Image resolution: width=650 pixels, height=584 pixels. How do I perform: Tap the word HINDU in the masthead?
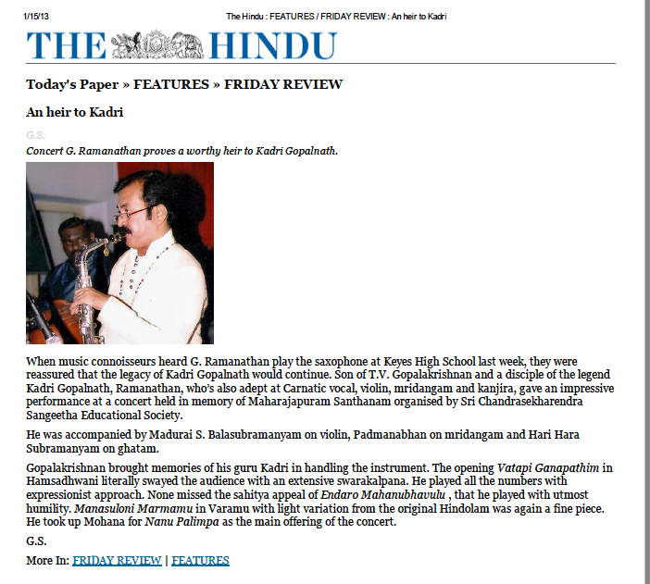coord(272,45)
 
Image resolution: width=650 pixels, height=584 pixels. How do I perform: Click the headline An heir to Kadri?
coord(74,112)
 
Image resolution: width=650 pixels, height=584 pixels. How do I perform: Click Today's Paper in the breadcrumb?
coord(72,84)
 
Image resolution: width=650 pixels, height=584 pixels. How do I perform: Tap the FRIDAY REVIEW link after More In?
coord(117,560)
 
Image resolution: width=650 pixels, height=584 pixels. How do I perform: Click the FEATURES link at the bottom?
coord(200,560)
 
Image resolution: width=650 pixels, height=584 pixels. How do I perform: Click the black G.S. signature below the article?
coord(35,541)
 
